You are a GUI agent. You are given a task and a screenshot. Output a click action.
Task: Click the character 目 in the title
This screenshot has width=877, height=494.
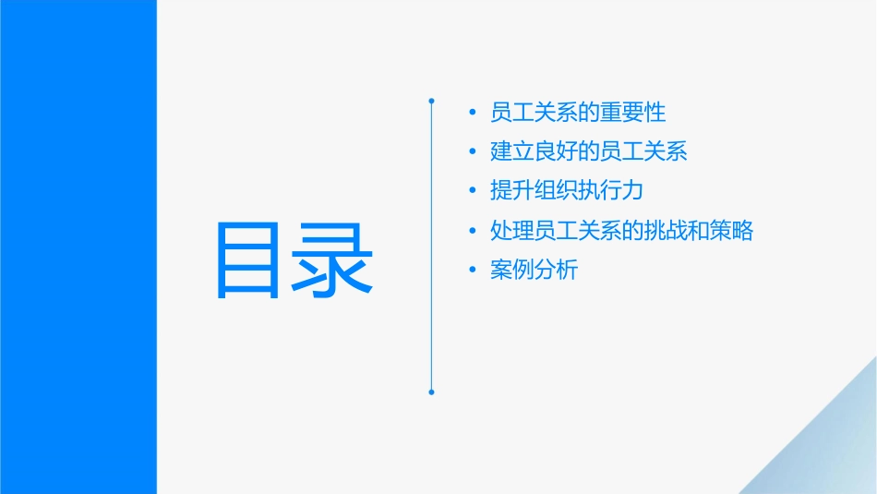click(x=247, y=259)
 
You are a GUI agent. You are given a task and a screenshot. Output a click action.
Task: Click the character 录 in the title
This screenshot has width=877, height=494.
click(x=333, y=259)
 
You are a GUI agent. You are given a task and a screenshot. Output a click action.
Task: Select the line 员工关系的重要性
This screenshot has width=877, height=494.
click(x=578, y=113)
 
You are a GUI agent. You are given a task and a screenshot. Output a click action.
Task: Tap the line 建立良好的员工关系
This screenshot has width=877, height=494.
click(x=589, y=151)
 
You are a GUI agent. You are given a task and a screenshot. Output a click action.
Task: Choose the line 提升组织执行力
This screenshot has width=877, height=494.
click(x=567, y=191)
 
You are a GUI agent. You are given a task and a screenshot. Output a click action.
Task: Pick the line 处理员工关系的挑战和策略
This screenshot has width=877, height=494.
click(x=622, y=231)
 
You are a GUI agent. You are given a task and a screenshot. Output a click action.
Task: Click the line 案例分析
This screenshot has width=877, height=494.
click(x=534, y=271)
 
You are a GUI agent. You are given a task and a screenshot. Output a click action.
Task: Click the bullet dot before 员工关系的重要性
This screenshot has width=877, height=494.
click(x=474, y=114)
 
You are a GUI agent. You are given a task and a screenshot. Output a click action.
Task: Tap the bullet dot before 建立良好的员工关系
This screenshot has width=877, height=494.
click(x=474, y=152)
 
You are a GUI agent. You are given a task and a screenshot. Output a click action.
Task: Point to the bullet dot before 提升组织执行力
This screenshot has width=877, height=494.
click(x=474, y=192)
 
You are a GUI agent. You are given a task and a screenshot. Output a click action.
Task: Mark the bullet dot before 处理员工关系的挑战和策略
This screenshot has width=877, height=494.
click(x=474, y=232)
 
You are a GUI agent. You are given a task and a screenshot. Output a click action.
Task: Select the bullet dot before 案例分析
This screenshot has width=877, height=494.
click(x=474, y=271)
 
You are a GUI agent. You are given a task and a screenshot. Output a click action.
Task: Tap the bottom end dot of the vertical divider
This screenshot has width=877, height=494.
click(x=431, y=392)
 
